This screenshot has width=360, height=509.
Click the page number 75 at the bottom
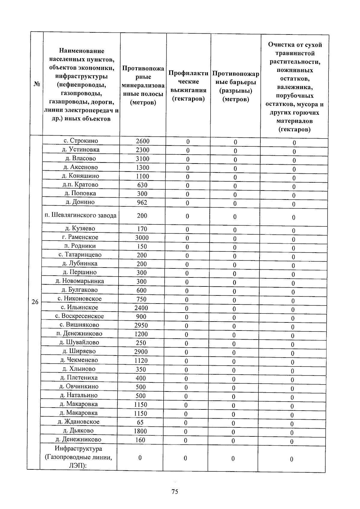click(175, 492)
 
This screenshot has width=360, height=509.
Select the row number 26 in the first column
click(35, 302)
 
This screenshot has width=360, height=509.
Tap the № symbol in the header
click(37, 84)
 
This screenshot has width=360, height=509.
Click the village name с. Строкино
click(81, 141)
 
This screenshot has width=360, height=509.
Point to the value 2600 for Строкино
click(142, 141)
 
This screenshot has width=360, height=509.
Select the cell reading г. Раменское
click(80, 237)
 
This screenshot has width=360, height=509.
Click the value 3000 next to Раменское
click(142, 238)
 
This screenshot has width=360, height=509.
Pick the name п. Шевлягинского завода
click(80, 215)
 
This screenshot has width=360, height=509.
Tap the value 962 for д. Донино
click(142, 202)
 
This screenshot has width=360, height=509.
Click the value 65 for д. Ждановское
click(140, 422)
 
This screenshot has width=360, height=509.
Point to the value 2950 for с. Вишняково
click(141, 325)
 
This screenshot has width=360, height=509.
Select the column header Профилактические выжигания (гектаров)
click(188, 86)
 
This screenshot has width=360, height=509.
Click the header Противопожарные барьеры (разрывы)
click(235, 86)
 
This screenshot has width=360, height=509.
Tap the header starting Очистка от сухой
click(295, 87)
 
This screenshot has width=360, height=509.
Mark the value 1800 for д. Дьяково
click(140, 431)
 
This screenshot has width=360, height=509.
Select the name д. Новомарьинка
click(79, 281)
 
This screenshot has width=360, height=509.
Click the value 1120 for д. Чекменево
click(141, 360)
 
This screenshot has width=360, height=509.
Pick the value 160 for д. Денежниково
click(140, 440)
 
